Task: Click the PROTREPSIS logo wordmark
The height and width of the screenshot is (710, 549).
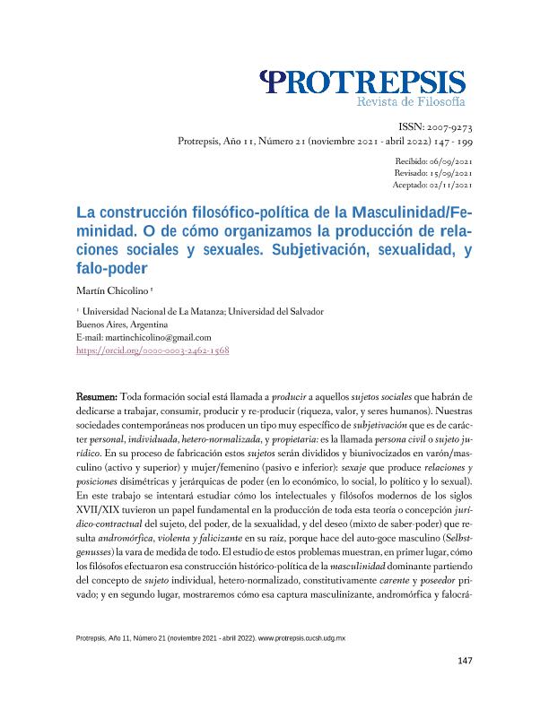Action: [362, 83]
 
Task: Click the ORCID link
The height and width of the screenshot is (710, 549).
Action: [153, 351]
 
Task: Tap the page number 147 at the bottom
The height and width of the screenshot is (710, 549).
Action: [464, 661]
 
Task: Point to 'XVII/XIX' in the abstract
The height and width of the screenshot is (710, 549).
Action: [97, 508]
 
